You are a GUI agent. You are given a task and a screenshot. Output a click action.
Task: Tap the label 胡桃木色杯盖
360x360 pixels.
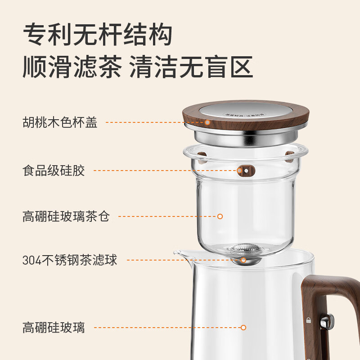[x=60, y=122]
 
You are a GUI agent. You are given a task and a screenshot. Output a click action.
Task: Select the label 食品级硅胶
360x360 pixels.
[x=54, y=171]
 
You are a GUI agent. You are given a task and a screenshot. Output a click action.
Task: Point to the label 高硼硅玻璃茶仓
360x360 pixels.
[x=66, y=216]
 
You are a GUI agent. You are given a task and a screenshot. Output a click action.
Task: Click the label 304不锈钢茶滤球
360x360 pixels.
[x=70, y=260]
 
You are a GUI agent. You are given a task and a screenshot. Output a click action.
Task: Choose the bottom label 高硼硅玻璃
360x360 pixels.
[x=54, y=327]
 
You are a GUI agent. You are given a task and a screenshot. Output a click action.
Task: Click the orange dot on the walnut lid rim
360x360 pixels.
[x=207, y=122]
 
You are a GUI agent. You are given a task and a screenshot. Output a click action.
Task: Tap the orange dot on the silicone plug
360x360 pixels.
[x=240, y=171]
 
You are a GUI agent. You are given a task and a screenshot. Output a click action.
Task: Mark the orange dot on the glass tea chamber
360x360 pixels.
[x=220, y=216]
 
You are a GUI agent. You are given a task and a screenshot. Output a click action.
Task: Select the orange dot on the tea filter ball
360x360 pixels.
[x=243, y=260]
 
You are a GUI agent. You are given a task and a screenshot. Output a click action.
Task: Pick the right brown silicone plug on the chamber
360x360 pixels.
[x=289, y=156]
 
